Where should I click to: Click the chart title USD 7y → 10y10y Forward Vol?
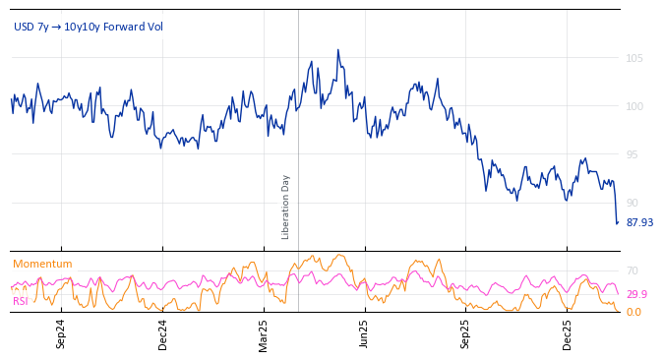[89, 27]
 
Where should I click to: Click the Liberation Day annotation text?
[286, 207]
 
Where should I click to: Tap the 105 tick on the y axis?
[634, 58]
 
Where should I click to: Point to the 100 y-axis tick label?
[634, 106]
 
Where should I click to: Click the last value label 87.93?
[639, 222]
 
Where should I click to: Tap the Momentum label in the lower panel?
[42, 264]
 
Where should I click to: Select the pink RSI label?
[21, 301]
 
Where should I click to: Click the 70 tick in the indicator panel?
[633, 270]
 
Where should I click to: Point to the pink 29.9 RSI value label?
[636, 294]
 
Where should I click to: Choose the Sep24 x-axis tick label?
[61, 333]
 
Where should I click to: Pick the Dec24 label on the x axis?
[162, 333]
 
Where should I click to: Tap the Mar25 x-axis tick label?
[263, 333]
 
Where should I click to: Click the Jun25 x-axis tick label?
[364, 333]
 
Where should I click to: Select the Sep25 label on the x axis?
[465, 333]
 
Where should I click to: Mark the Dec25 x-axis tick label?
[567, 333]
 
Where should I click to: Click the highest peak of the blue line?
[337, 50]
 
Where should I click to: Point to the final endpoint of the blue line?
[618, 222]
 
